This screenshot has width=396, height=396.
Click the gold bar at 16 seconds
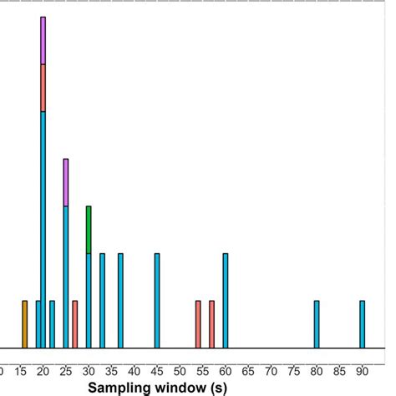pos(24,324)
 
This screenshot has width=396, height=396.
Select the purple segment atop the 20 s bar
pos(43,40)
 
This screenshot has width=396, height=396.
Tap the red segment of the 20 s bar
pos(43,88)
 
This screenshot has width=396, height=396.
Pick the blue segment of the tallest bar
pos(43,230)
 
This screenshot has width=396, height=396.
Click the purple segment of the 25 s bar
pos(65,182)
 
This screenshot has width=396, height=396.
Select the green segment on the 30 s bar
pos(89,230)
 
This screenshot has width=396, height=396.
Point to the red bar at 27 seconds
pos(74,324)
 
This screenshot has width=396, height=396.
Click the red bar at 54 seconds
pos(198,324)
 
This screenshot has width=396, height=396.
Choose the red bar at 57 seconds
pos(211,324)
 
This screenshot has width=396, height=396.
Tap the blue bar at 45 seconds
pos(156,301)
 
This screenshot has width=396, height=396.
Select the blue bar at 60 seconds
pos(225,301)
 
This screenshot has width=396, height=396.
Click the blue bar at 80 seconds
pos(317,324)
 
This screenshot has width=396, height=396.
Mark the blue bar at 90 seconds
pos(362,324)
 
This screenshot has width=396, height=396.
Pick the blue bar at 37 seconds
pos(120,301)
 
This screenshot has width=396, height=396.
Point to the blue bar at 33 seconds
pos(102,301)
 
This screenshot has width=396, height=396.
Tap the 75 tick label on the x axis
pos(293,370)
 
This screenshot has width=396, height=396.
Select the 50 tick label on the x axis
pos(180,370)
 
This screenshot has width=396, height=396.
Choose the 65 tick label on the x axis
pos(247,370)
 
